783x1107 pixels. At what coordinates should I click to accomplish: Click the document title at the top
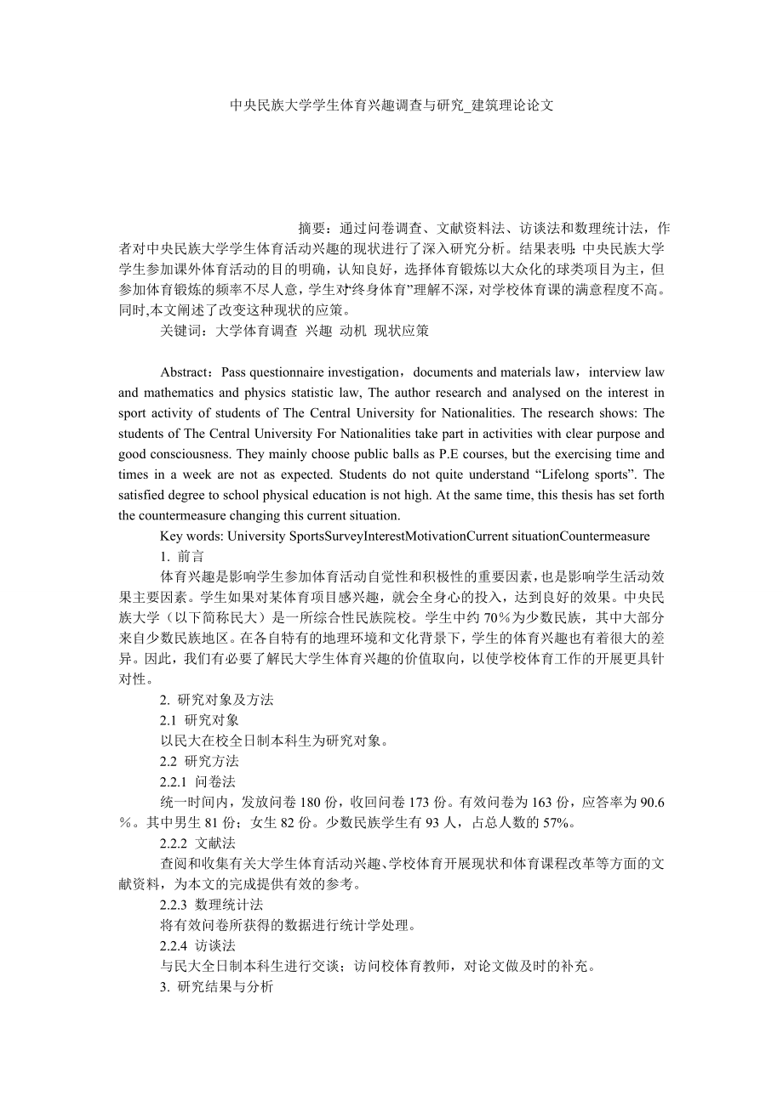pos(391,105)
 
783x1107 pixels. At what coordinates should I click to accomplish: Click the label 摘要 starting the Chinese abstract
pos(312,229)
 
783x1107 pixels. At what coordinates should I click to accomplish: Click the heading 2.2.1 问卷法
pos(197,781)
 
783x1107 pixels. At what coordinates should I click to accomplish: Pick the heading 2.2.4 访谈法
pos(197,945)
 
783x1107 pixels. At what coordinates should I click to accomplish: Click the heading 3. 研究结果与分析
pos(217,985)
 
